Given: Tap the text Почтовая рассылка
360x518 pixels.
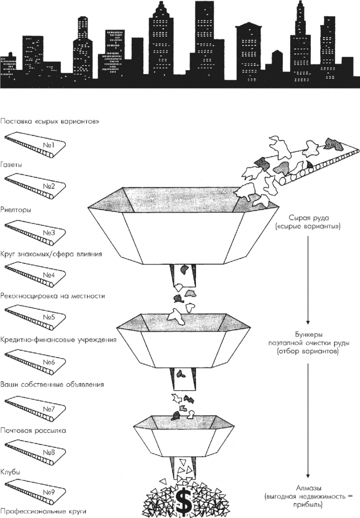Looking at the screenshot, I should [x=33, y=430].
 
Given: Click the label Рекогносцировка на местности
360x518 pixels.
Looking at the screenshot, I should [x=53, y=295].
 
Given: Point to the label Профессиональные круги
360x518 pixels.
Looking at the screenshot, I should [x=43, y=511].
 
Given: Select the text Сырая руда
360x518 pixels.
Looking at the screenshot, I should [x=309, y=218].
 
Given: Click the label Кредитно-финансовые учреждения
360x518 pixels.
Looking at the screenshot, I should [x=58, y=340].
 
